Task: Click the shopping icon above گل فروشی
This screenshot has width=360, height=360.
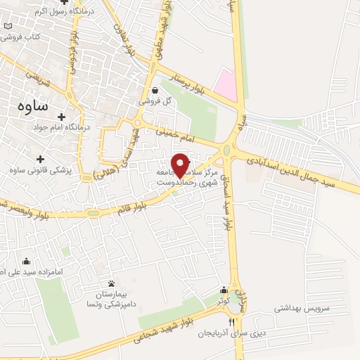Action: coord(155,90)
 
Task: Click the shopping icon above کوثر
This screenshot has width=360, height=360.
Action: coord(224,290)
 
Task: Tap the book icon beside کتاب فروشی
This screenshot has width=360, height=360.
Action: coord(8,27)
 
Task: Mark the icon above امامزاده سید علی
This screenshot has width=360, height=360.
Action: coord(27,262)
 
